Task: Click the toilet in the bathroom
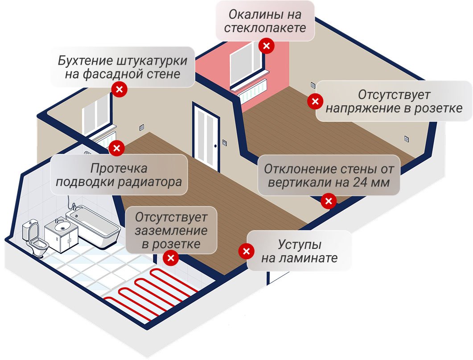click(35, 238)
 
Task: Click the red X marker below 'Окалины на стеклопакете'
click(266, 46)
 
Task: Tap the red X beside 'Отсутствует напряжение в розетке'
click(315, 101)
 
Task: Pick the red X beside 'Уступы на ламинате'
click(246, 251)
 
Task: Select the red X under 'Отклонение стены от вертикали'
click(329, 201)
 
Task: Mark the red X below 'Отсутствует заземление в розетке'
click(171, 258)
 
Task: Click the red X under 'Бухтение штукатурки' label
click(119, 89)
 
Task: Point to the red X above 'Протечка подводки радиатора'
click(117, 148)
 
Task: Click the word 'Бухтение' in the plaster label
click(84, 60)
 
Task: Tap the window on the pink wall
click(246, 63)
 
